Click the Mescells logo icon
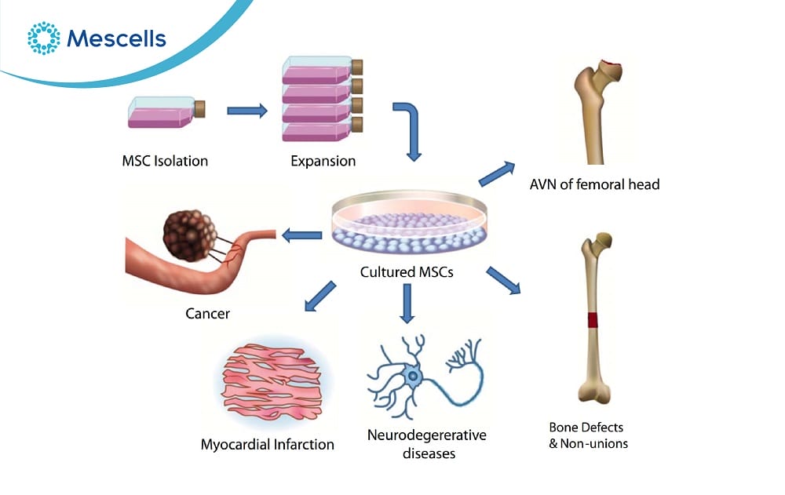pos(43,38)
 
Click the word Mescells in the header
pos(117,38)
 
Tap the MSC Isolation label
pos(165,162)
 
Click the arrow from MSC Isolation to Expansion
pos(246,111)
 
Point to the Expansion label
pos(323,162)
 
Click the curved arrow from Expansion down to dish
pos(410,126)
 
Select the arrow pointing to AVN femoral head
pos(496,174)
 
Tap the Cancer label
pos(207,314)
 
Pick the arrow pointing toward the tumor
pos(301,235)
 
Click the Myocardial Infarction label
pos(268,444)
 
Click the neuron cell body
pos(412,378)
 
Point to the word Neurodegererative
pos(427,435)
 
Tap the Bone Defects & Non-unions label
pos(588,435)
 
